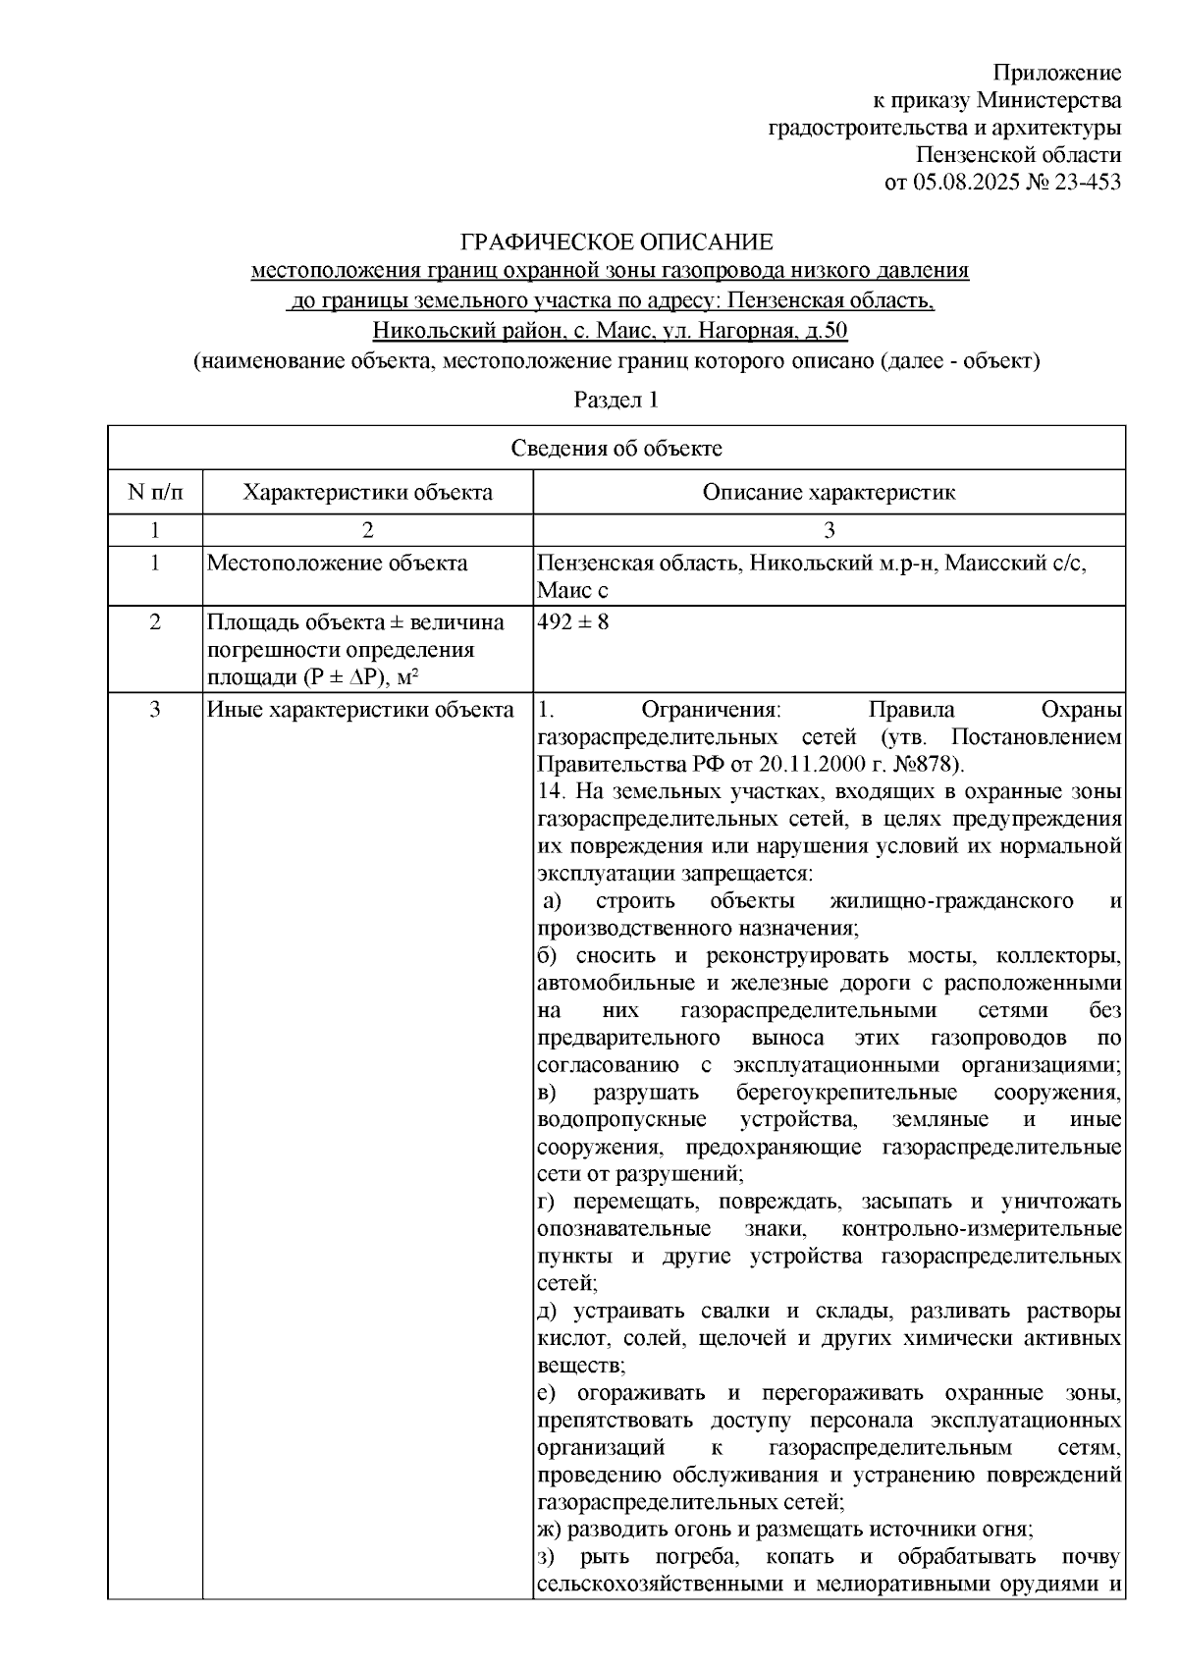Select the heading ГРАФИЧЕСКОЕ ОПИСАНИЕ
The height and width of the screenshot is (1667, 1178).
point(617,242)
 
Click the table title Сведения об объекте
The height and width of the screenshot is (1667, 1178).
point(616,450)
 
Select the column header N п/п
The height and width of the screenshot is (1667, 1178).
point(155,492)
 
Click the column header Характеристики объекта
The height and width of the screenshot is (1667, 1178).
point(368,492)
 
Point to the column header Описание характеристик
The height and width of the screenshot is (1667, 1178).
point(829,492)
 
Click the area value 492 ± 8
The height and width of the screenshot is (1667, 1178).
point(572,622)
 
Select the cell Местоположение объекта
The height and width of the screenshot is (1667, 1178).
point(337,564)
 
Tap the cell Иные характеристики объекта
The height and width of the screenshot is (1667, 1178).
point(359,710)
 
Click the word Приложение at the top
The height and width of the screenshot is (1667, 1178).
point(1057,73)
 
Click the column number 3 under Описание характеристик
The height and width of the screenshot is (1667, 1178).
point(829,531)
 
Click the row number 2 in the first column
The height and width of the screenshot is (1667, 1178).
point(155,622)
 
